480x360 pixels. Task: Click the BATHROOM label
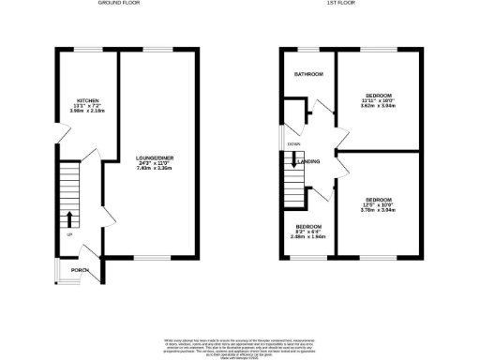coord(309,74)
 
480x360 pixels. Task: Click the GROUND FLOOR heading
coord(120,4)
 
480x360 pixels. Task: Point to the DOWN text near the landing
coord(294,144)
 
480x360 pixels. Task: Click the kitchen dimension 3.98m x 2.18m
coord(87,112)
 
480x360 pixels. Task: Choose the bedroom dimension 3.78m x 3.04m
coord(378,210)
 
